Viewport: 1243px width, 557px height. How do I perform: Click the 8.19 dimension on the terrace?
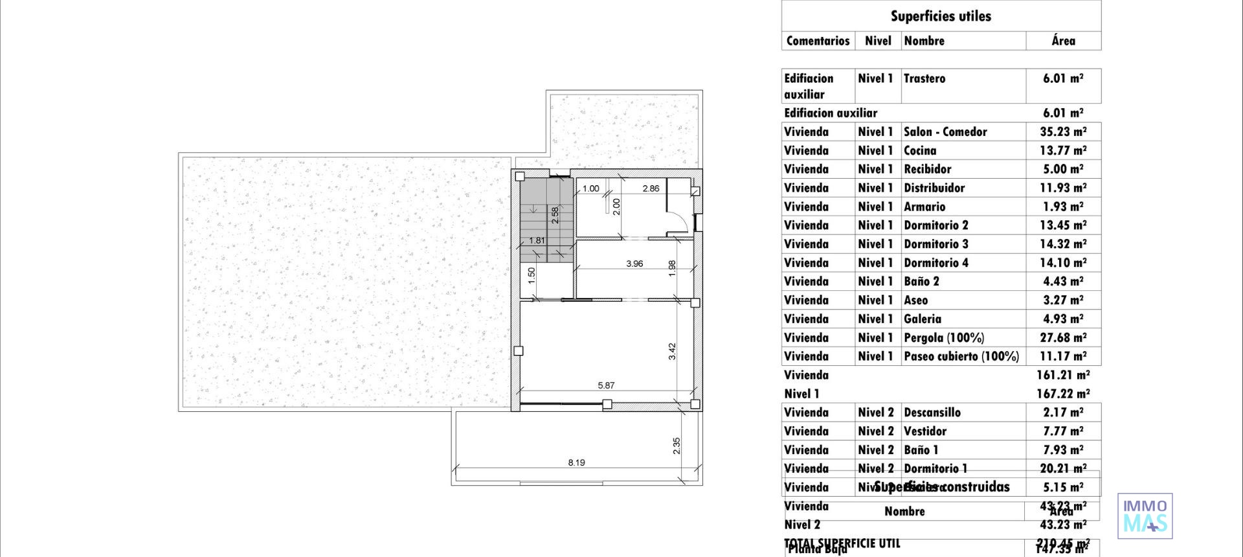tap(576, 462)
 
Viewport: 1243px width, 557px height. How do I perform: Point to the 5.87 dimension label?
tap(606, 385)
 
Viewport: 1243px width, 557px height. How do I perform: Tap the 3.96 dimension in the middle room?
tap(634, 264)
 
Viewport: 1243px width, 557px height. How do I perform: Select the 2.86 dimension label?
tap(651, 188)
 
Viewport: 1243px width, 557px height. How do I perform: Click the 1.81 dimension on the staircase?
tap(537, 240)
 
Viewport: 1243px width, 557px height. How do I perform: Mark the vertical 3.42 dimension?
tap(672, 351)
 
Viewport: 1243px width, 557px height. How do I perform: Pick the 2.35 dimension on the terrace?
tap(677, 446)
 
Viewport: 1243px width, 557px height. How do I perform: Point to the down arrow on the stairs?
tap(532, 209)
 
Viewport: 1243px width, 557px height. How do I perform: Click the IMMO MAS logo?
tap(1145, 516)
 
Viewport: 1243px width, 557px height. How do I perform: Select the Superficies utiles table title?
tap(941, 16)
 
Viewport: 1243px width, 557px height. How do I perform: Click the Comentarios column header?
tap(818, 41)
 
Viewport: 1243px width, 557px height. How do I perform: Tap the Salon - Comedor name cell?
tap(945, 132)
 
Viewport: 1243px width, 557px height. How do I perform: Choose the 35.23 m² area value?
tap(1063, 132)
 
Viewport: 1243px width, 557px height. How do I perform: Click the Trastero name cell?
tap(924, 78)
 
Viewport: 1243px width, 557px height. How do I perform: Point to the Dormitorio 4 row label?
tap(936, 263)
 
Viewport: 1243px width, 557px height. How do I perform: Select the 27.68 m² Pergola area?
tap(1063, 338)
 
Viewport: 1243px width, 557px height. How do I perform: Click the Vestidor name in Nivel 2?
tap(925, 431)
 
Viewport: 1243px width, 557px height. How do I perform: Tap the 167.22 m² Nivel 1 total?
tap(1063, 394)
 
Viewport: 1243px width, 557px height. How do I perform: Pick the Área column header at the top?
tap(1063, 41)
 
